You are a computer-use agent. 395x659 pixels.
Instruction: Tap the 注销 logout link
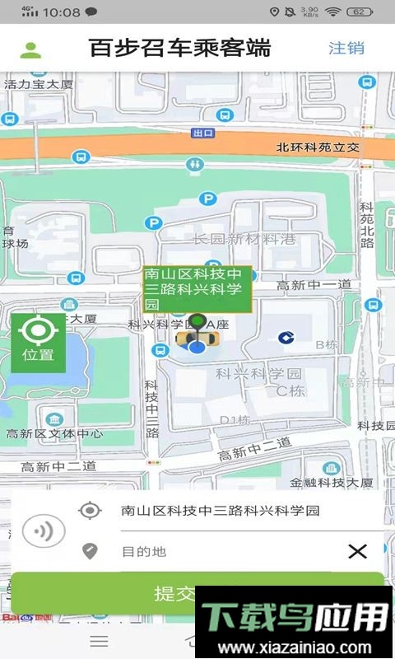(x=346, y=48)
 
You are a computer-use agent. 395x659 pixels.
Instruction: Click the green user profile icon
(x=30, y=49)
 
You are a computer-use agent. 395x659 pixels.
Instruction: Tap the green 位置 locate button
(x=38, y=342)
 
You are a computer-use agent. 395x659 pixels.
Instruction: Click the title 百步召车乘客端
(x=179, y=48)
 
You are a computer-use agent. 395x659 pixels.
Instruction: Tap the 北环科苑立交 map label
(x=318, y=147)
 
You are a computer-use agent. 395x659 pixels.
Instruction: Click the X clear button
(x=357, y=551)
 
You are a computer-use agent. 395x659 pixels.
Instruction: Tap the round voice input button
(x=44, y=531)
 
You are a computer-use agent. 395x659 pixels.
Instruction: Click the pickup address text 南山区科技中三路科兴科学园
(x=220, y=511)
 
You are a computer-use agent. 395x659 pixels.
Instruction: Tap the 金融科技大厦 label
(x=332, y=482)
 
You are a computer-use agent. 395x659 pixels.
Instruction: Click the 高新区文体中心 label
(x=54, y=433)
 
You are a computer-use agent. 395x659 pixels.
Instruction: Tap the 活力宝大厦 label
(x=39, y=84)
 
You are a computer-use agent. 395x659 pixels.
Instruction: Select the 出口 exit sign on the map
(x=202, y=133)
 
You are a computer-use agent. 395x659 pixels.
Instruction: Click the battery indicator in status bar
(x=360, y=12)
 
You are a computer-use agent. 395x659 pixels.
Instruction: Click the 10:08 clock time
(x=61, y=12)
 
